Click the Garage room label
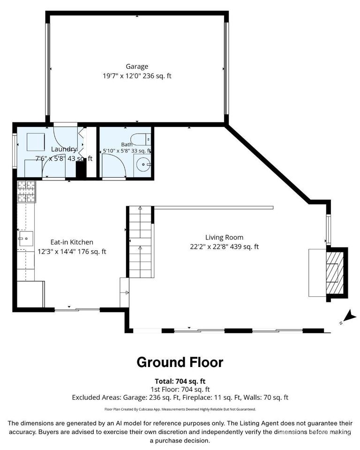coord(137,67)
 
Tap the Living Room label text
coord(224,237)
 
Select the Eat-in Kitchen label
coord(72,242)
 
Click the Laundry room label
coord(64,149)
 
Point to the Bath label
coord(127,144)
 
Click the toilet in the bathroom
coord(141,140)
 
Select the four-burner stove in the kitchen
coord(26,192)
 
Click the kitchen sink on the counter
coord(26,239)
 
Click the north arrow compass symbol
coord(349,317)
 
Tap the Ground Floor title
coord(180,362)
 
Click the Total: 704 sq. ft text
coord(180,381)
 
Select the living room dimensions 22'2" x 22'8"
coord(209,247)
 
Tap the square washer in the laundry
coord(36,142)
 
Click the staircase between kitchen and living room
coord(140,242)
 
